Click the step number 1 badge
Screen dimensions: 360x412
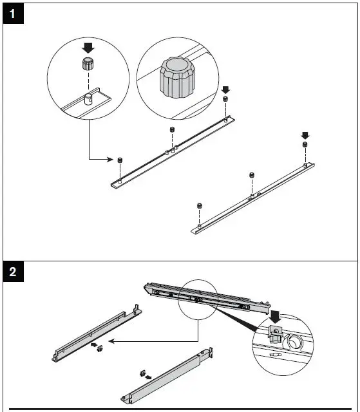click(x=13, y=14)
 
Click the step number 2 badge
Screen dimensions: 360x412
click(x=13, y=272)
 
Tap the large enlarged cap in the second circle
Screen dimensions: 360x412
click(x=177, y=77)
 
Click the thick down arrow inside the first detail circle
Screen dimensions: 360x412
click(x=88, y=48)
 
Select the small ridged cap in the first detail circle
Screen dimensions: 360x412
click(x=88, y=64)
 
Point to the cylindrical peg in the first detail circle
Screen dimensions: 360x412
click(x=88, y=99)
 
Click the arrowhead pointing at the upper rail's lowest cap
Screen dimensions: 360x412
click(x=111, y=159)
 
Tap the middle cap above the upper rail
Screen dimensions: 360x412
click(x=172, y=129)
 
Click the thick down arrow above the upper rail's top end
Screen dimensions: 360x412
click(x=225, y=90)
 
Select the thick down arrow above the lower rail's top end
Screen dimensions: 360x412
click(x=305, y=136)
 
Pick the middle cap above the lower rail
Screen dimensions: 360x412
click(x=252, y=175)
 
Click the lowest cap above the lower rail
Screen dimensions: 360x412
click(x=199, y=205)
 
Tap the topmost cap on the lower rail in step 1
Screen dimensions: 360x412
click(x=305, y=144)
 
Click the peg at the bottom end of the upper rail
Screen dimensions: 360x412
click(x=120, y=181)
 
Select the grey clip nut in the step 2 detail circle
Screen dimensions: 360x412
click(x=275, y=334)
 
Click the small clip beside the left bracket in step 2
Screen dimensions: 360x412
click(x=100, y=349)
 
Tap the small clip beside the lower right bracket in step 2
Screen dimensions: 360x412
click(x=143, y=373)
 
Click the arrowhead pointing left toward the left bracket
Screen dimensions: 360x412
click(x=111, y=341)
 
